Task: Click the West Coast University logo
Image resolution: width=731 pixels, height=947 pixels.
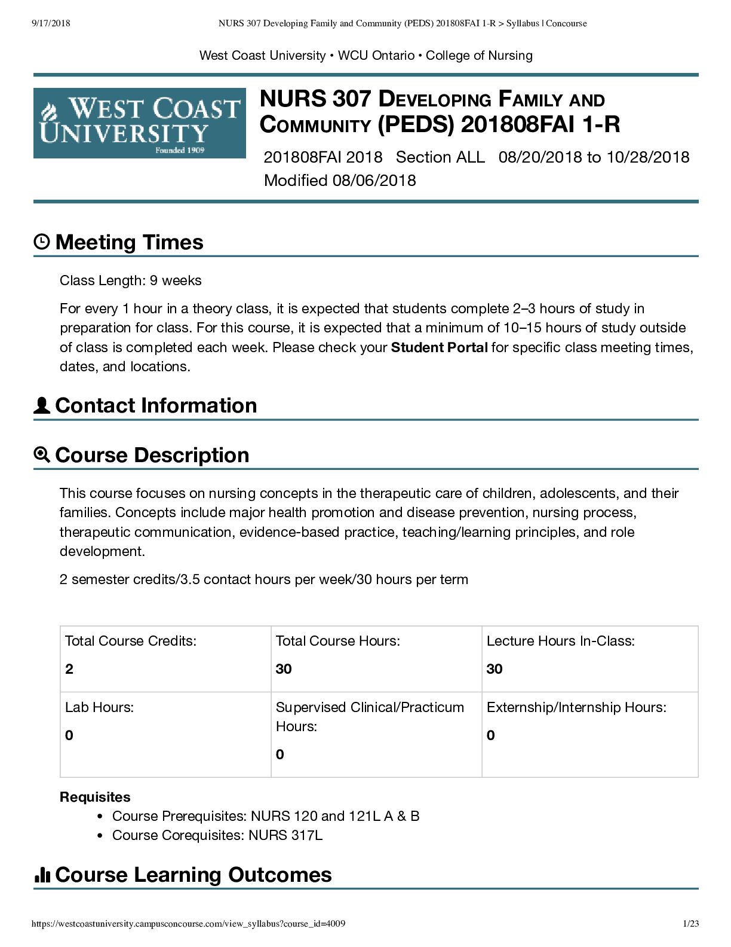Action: click(x=139, y=123)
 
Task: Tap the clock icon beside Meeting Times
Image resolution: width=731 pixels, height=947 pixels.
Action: click(x=42, y=242)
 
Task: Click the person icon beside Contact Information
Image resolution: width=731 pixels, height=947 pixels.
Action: click(x=42, y=405)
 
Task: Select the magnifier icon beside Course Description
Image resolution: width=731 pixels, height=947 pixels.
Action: click(x=42, y=455)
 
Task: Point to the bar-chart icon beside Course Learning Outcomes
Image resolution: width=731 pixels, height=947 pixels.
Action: click(x=42, y=875)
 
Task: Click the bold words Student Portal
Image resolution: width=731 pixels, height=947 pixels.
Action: click(x=439, y=347)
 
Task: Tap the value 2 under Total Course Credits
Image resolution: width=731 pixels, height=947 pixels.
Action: click(x=69, y=669)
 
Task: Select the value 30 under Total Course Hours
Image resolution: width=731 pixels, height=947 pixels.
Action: click(x=284, y=669)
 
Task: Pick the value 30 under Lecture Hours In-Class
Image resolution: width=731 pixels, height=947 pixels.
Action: click(x=494, y=669)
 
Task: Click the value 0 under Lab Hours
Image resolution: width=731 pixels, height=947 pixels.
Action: click(x=69, y=735)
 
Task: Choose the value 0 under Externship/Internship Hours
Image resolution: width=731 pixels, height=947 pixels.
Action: click(x=491, y=735)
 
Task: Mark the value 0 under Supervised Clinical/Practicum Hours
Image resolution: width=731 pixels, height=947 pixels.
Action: click(x=280, y=754)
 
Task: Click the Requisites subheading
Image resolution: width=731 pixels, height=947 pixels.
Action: click(x=95, y=797)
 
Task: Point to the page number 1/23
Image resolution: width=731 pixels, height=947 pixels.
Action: click(x=690, y=924)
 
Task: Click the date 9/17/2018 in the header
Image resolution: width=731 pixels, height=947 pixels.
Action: click(x=51, y=23)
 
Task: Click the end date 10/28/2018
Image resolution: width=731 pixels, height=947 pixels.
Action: click(x=648, y=157)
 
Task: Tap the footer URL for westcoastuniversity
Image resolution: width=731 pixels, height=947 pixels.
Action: click(x=188, y=924)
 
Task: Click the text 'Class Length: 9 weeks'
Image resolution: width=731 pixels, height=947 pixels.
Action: click(x=131, y=280)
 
